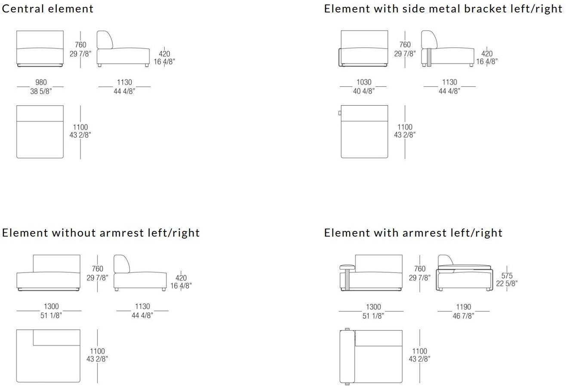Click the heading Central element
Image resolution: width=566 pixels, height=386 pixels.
(48, 9)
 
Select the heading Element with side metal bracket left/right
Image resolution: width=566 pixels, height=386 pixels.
(443, 9)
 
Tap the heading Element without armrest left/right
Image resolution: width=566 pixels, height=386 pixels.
(101, 233)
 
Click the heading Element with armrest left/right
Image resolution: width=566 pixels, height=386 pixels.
(413, 233)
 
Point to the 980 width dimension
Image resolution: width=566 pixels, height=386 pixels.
(41, 82)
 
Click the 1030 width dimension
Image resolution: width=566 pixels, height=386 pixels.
(364, 82)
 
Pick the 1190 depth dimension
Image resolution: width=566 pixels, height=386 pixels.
(464, 307)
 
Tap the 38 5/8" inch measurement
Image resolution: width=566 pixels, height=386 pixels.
(41, 91)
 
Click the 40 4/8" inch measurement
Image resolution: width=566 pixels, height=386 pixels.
(364, 91)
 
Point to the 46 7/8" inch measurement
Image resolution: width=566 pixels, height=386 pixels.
(464, 316)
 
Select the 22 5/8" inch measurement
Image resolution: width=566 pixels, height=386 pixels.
(507, 283)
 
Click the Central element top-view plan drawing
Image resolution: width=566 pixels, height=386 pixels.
(40, 132)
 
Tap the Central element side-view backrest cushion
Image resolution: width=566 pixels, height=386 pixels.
(105, 40)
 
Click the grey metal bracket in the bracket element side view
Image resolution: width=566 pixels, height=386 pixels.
(428, 57)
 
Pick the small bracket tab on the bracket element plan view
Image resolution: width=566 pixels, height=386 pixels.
(340, 113)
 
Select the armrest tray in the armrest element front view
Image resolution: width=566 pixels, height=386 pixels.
(348, 267)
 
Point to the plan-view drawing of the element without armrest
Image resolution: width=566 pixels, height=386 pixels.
(48, 356)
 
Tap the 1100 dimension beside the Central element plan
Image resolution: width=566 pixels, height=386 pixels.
(80, 127)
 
